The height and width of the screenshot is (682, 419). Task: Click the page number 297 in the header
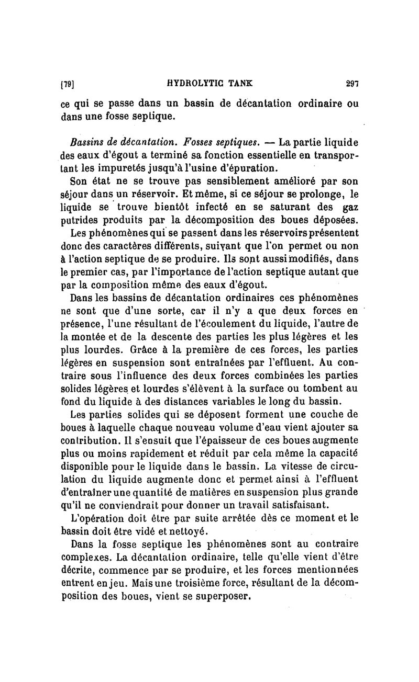click(351, 82)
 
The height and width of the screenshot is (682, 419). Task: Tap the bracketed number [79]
click(68, 83)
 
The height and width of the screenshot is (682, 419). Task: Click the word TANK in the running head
click(239, 82)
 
